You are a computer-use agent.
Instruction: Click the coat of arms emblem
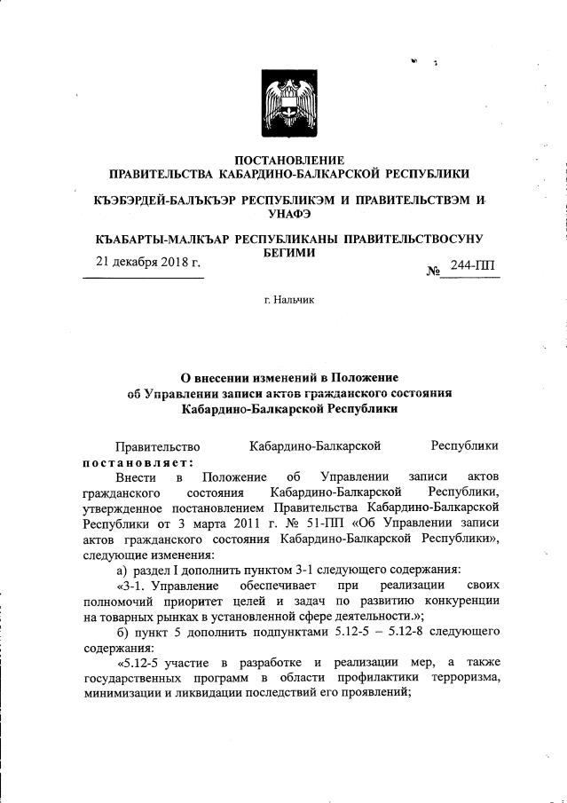point(283,104)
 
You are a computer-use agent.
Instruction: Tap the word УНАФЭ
point(283,213)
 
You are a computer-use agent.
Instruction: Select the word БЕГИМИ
point(284,252)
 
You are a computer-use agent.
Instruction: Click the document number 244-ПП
point(475,265)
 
